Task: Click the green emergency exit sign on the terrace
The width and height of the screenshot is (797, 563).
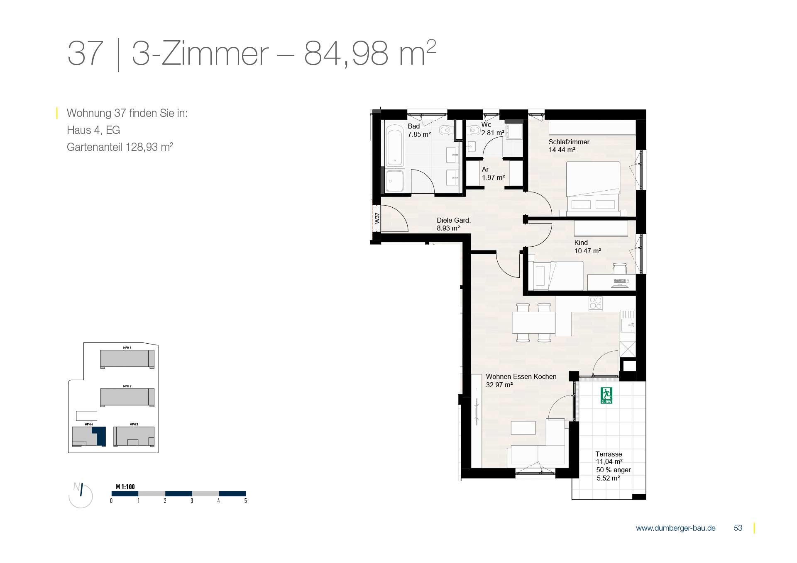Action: [606, 396]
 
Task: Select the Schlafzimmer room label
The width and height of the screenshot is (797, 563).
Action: [569, 142]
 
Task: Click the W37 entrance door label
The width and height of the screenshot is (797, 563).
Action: [377, 218]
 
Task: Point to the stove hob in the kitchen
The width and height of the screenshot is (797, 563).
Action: [596, 303]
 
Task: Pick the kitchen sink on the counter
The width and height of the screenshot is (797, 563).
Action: [628, 322]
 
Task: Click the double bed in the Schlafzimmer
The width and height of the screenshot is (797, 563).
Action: [593, 189]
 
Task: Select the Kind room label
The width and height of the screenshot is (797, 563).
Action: [581, 243]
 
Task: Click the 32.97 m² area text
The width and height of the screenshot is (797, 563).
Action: [499, 385]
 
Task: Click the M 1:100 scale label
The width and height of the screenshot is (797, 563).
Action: [125, 487]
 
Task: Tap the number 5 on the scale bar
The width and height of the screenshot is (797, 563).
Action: [245, 501]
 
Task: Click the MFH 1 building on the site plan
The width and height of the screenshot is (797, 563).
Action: [127, 359]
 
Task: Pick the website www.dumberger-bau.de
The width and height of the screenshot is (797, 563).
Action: [676, 528]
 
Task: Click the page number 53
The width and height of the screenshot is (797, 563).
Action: [738, 528]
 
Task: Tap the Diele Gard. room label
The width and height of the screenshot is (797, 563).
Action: [454, 221]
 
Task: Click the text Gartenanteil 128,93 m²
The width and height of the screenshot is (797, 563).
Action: [120, 147]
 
